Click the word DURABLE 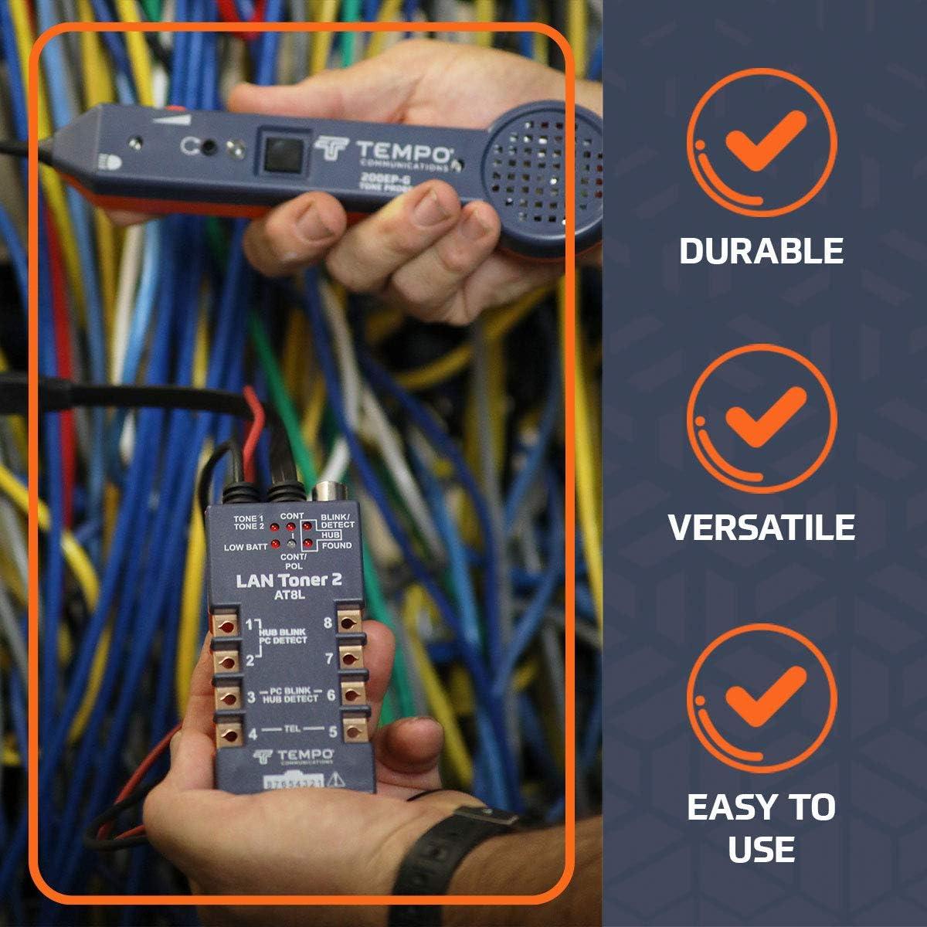coord(761,251)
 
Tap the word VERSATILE coord(761,527)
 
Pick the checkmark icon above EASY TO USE coord(762,695)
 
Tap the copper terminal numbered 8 coord(351,624)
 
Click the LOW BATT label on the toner coord(245,547)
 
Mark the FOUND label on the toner coord(336,545)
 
